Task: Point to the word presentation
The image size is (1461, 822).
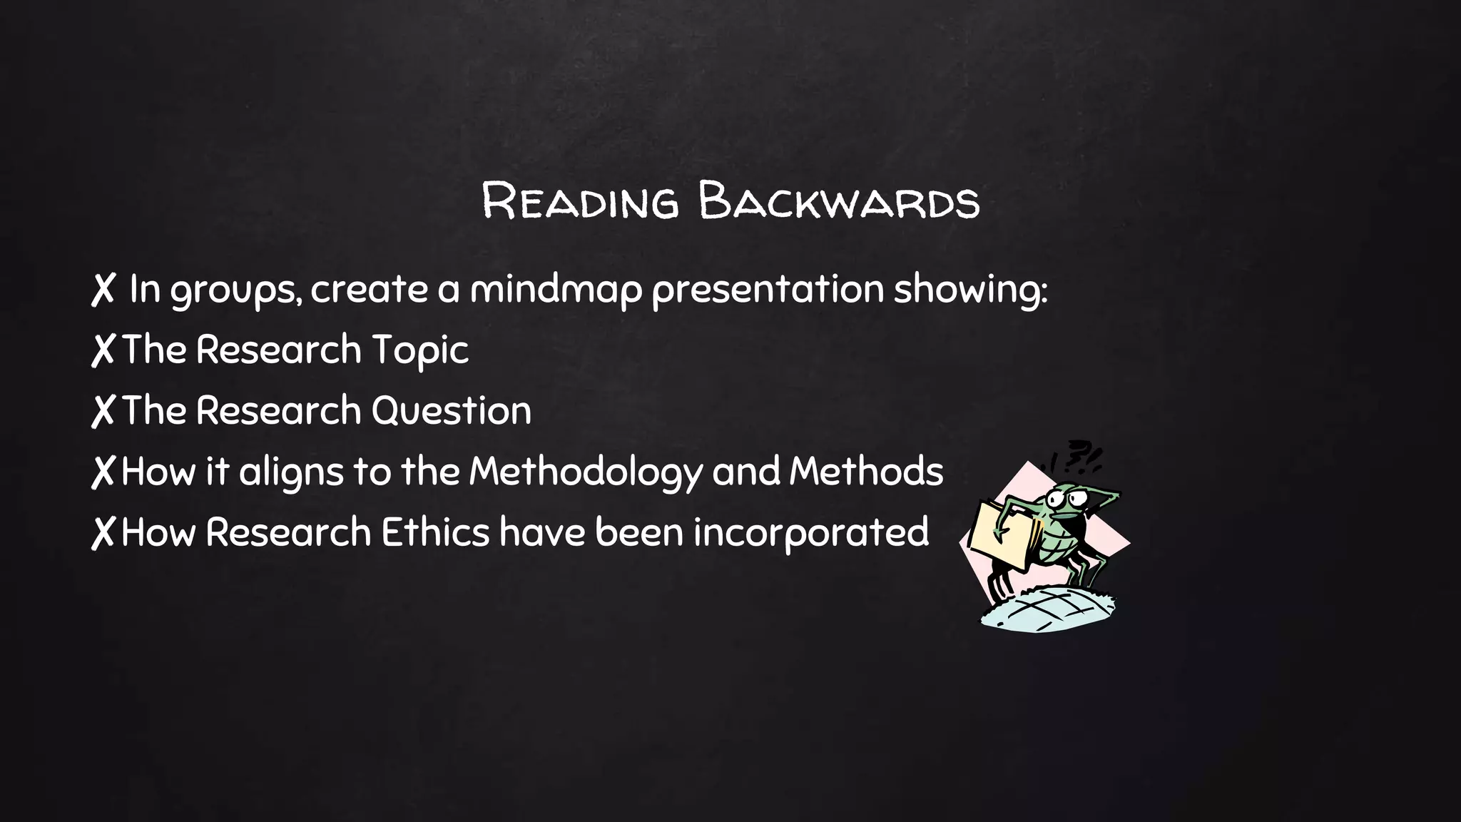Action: pyautogui.click(x=768, y=289)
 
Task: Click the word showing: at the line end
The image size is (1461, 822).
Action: pyautogui.click(x=970, y=290)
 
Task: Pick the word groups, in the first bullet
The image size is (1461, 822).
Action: pyautogui.click(x=235, y=290)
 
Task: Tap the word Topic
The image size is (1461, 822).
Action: pyautogui.click(x=420, y=350)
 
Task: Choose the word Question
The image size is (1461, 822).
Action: pyautogui.click(x=451, y=411)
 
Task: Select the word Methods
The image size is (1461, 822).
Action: pyautogui.click(x=865, y=472)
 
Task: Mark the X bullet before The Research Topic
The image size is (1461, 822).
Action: pyautogui.click(x=103, y=350)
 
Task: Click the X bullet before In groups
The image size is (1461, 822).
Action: pyautogui.click(x=103, y=290)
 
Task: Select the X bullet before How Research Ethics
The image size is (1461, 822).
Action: pyautogui.click(x=103, y=533)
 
